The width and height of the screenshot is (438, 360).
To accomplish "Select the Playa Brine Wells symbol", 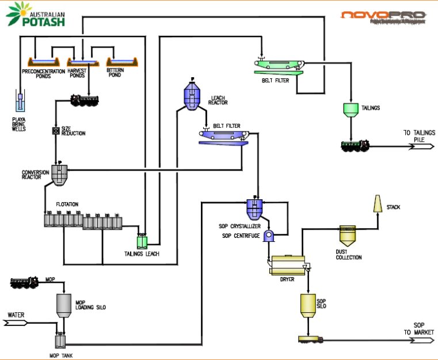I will pos(21,103).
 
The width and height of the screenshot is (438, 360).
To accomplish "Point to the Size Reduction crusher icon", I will pos(56,131).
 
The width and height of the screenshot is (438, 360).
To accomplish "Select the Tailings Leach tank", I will pos(142,242).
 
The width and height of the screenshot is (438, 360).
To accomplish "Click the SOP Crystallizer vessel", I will pos(255,207).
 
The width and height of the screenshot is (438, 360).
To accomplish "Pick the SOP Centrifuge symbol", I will pos(269,236).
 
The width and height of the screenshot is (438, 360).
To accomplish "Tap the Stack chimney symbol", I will pos(378,203).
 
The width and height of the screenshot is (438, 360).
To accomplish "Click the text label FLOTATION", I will pos(67,204).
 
